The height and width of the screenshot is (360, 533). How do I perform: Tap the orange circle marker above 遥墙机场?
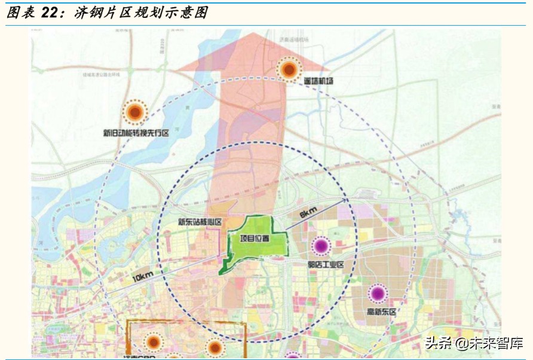tap(289, 70)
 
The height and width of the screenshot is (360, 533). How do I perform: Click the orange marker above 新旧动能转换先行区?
tap(135, 112)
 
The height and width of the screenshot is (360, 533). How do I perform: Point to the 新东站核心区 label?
tap(200, 222)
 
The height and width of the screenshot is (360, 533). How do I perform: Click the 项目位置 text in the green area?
tap(255, 238)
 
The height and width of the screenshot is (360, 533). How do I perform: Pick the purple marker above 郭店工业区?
tap(321, 245)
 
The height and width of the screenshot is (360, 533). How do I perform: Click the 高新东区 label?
tap(381, 312)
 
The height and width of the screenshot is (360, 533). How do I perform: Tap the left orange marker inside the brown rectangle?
tap(154, 342)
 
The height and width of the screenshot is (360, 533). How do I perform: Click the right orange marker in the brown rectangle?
tap(215, 346)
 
